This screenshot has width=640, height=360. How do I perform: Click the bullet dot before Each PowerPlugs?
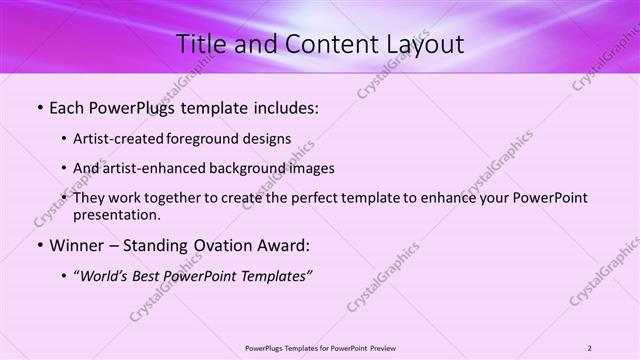click(x=39, y=108)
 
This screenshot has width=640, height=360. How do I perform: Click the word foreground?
click(x=212, y=140)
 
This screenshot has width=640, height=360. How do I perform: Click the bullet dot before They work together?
click(x=65, y=198)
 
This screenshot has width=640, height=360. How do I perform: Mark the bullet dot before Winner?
click(x=39, y=246)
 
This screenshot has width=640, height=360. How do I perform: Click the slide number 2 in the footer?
click(x=590, y=348)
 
